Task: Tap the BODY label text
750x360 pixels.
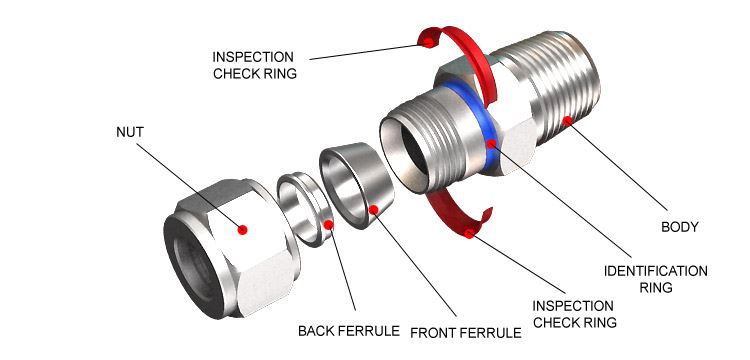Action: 681,227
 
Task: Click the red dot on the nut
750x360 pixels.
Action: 243,230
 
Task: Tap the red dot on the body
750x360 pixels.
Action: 567,121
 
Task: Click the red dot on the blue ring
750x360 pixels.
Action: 492,144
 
